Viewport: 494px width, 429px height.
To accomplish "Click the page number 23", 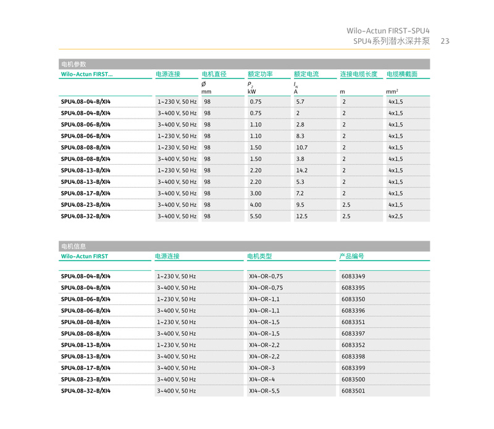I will pos(445,41).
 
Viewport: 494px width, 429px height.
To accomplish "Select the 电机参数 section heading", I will pos(73,64).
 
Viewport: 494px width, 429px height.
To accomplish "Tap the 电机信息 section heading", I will pos(73,246).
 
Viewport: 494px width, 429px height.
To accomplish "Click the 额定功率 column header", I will pos(260,74).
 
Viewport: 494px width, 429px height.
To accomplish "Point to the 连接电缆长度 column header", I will pos(359,74).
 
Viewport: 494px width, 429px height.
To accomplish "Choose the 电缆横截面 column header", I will pos(402,74).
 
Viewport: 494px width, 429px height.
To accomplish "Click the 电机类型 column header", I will pos(259,256).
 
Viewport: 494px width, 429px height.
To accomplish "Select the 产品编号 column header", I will pos(352,256).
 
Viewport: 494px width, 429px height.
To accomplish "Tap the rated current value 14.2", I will pos(302,170).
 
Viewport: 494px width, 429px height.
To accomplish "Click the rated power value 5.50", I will pos(256,217).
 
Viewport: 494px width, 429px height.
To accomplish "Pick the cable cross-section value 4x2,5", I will pos(396,217).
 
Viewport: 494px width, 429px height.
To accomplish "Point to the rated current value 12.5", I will pos(302,217).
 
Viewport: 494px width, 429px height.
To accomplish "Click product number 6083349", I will pos(353,277).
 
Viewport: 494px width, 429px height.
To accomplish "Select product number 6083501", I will pos(353,391).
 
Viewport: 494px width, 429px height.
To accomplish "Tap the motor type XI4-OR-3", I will pos(262,368).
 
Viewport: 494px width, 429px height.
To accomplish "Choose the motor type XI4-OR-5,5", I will pos(264,391).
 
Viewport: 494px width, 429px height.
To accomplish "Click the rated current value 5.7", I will pos(300,102).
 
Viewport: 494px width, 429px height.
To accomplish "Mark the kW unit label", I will pos(252,92).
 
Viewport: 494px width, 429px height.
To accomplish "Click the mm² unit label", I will pos(392,92).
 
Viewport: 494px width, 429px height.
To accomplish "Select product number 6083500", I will pos(353,380).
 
